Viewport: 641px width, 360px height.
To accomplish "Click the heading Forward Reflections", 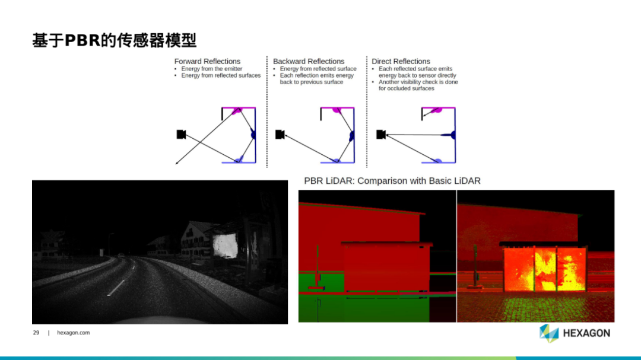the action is pos(207,61).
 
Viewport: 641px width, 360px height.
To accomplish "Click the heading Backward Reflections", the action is pos(309,61).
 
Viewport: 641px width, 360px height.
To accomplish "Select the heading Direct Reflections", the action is pos(401,61).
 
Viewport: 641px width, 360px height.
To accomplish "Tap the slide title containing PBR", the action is pos(115,40).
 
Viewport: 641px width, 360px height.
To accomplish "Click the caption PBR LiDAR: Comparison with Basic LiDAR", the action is pos(392,181).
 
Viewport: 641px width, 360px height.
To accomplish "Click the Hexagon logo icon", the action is pos(549,333).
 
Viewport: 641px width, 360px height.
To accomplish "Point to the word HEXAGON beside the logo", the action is pos(586,333).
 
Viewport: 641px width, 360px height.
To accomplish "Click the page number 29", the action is pos(36,333).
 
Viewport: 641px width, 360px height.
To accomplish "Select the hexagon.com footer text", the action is pos(73,333).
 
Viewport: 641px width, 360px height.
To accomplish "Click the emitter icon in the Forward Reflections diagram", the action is pos(181,134).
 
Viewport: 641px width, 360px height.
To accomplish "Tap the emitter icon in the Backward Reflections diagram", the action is pos(280,134).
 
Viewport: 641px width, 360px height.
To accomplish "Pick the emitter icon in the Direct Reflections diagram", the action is pos(381,134).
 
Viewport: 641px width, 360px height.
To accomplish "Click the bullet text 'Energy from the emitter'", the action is pos(212,69).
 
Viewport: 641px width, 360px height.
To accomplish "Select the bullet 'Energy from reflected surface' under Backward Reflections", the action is pos(318,69).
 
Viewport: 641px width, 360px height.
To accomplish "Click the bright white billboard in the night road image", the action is pos(225,246).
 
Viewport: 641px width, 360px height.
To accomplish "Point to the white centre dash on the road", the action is pos(116,287).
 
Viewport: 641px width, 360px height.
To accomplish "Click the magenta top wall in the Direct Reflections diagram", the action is pos(438,109).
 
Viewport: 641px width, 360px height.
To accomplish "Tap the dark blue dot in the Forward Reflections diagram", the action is pos(253,135).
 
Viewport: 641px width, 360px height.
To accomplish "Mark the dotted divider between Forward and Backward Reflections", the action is pos(267,111).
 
